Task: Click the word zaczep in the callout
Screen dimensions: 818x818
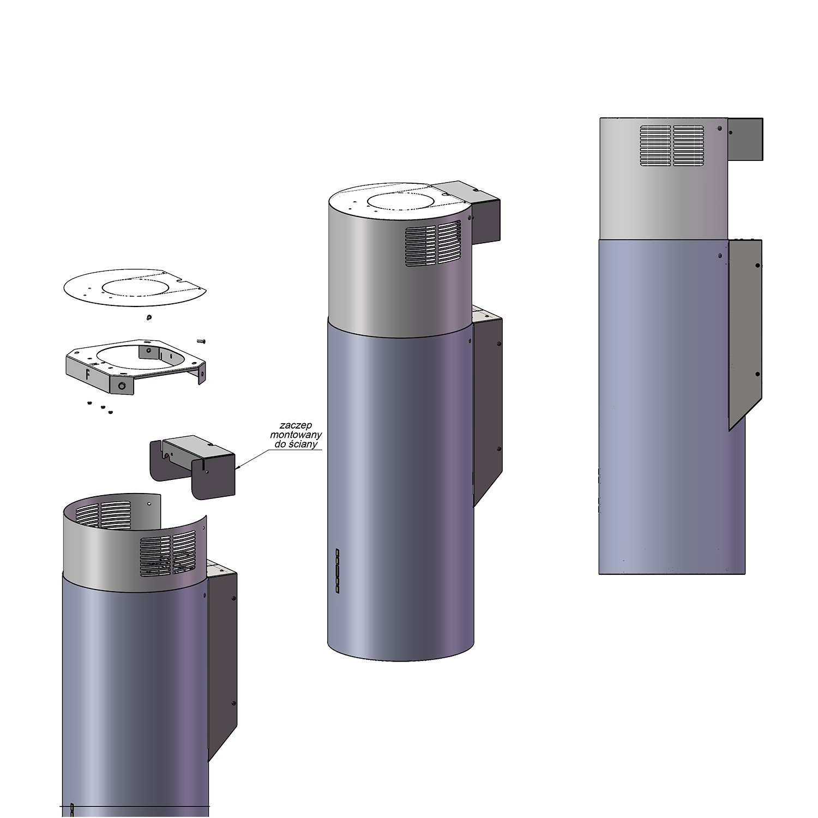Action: tap(296, 425)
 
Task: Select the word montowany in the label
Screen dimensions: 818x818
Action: tap(296, 435)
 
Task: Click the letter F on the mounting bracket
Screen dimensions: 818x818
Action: tap(87, 374)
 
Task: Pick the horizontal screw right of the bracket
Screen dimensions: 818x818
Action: tap(200, 341)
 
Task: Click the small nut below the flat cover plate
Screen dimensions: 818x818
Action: tap(148, 317)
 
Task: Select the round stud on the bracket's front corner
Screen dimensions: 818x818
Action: tap(122, 386)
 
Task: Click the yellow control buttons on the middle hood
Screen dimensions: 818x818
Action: tap(338, 570)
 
